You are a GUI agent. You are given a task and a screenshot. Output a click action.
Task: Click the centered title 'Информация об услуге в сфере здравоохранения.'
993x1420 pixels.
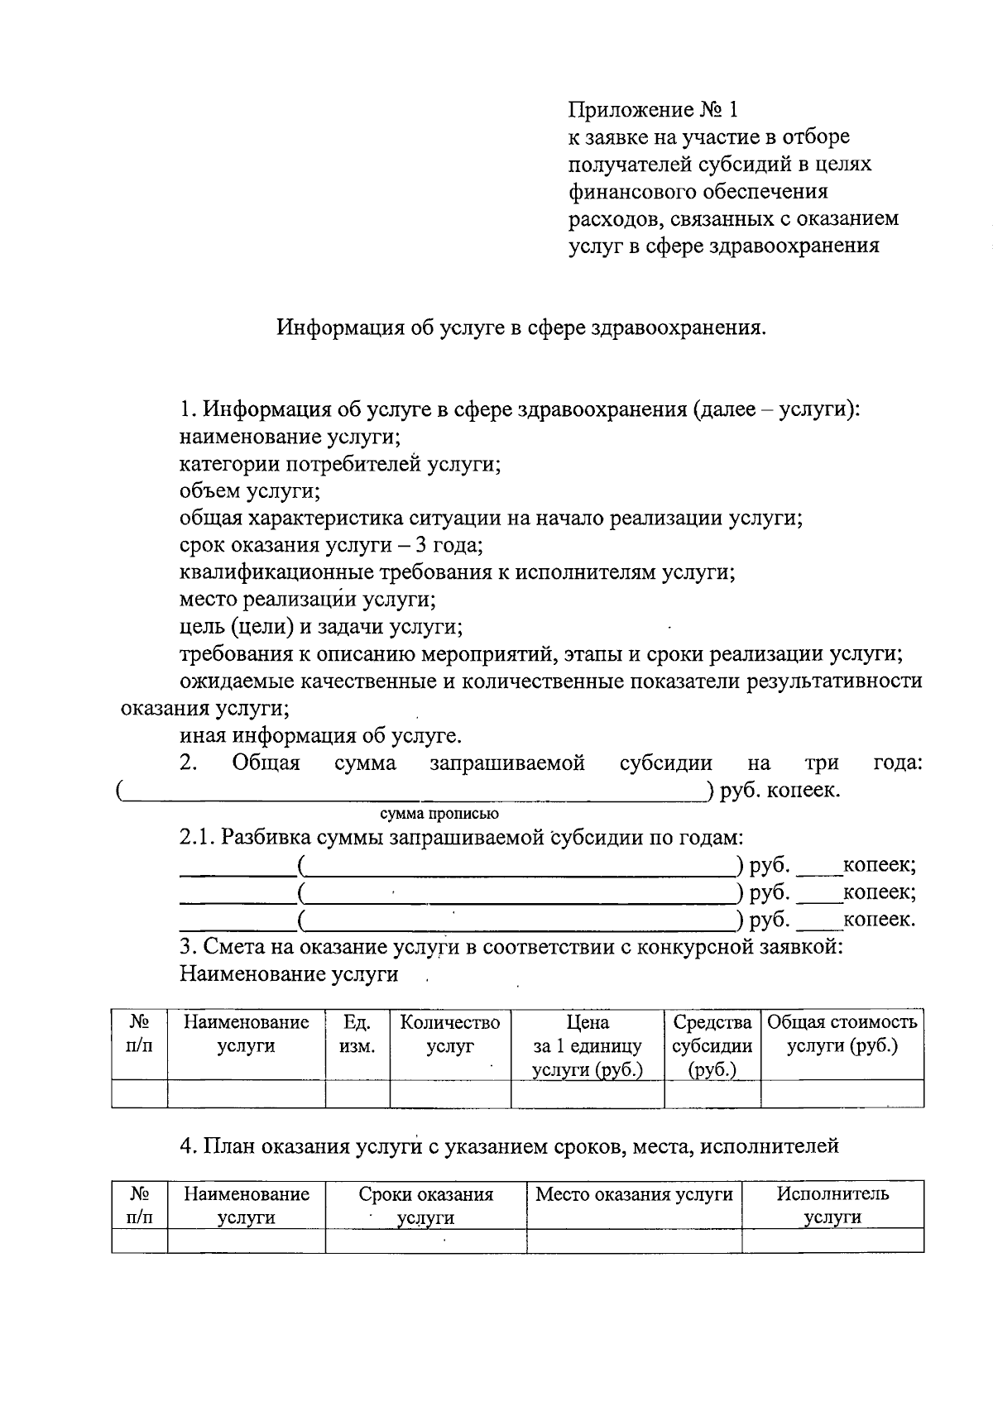click(521, 328)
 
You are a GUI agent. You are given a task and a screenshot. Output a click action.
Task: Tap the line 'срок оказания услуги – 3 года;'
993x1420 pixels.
click(331, 545)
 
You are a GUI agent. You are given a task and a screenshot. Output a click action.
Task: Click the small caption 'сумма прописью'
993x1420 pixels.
click(439, 814)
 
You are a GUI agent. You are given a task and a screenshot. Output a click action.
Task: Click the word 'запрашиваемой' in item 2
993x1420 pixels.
click(507, 763)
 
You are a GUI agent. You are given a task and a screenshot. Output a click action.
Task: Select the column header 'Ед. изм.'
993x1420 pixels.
click(357, 1035)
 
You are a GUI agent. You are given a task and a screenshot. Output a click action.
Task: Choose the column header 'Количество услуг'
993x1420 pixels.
click(450, 1035)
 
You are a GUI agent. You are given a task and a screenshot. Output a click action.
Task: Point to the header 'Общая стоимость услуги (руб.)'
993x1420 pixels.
click(842, 1035)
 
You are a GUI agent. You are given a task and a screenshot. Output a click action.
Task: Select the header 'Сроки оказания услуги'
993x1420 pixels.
click(425, 1205)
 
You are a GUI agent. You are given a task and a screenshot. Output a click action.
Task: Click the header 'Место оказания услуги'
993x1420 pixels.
click(634, 1194)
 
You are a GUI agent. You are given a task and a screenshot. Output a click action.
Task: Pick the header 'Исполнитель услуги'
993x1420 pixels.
click(832, 1205)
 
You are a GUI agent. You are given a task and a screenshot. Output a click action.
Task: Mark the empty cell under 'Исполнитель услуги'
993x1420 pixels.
click(832, 1241)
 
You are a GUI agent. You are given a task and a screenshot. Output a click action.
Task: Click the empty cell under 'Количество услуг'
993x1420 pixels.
click(450, 1094)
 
